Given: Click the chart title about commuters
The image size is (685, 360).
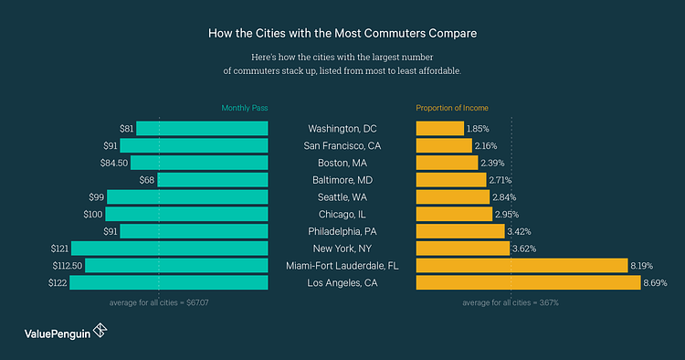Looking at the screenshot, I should [342, 33].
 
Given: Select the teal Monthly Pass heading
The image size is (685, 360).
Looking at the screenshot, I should [244, 108].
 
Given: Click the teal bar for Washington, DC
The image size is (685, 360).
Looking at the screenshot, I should [202, 128].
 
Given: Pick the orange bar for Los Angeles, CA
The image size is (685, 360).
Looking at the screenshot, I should [528, 282].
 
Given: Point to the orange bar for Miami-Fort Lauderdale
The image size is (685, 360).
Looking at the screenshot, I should [521, 265].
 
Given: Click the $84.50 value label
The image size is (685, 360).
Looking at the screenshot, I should [114, 163].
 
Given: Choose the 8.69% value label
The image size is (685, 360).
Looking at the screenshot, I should [656, 283].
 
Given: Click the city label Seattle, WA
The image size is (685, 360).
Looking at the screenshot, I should [342, 196].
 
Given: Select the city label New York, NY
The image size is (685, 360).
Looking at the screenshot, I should [342, 249].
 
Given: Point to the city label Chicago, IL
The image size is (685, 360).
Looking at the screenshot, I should [342, 214].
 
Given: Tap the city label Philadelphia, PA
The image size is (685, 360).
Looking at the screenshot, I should [342, 231].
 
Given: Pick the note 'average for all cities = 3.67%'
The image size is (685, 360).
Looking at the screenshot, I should [511, 302].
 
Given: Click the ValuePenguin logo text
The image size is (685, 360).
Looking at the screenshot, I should [57, 334].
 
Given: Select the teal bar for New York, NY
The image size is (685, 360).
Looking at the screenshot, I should [169, 248].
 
